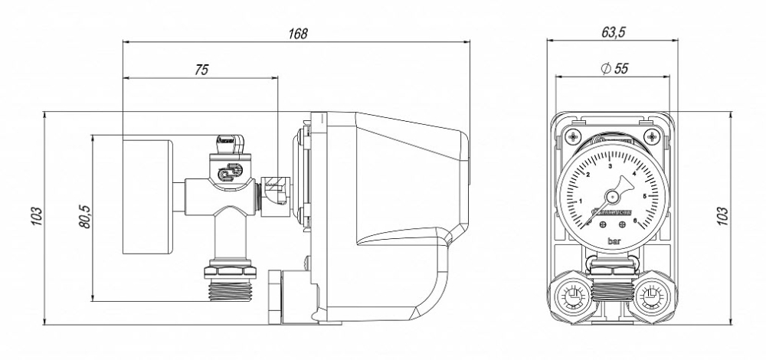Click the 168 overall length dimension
298,34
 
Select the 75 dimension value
201,69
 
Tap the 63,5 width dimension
610,33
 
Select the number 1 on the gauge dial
581,201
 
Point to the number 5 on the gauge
645,196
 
